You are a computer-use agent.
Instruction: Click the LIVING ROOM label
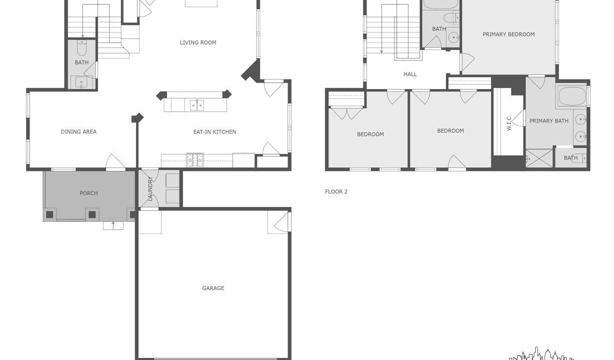pos(198,42)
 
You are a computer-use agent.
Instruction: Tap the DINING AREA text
pos(78,131)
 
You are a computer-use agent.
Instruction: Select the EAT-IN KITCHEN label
pos(214,132)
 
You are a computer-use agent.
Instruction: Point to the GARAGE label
pos(213,288)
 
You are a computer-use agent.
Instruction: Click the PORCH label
pos(89,193)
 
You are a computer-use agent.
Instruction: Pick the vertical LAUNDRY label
pos(150,189)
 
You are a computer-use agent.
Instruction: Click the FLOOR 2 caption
pos(336,191)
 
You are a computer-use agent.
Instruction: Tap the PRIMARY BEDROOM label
pos(508,34)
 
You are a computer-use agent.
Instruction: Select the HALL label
pos(410,74)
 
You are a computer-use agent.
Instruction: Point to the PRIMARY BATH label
pos(549,121)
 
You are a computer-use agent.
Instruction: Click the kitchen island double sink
pos(197,105)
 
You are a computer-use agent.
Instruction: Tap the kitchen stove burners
pos(195,160)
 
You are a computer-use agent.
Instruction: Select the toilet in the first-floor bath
pos(82,48)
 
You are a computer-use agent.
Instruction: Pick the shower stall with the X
pos(539,158)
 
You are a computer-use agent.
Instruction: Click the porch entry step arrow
pos(113,225)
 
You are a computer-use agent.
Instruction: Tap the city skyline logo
pos(541,354)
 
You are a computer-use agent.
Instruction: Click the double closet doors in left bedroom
pos(346,113)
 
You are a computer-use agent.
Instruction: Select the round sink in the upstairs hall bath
pos(453,37)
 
